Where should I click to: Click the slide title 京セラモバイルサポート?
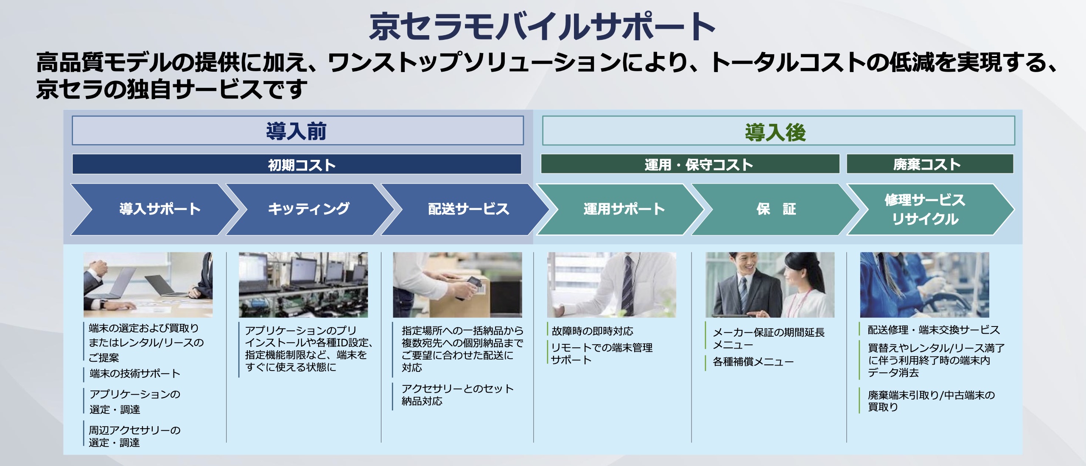click(542, 26)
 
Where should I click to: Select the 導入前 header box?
click(297, 131)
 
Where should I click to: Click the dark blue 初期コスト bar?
click(297, 164)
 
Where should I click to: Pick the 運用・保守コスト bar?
click(690, 164)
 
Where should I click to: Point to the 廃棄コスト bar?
click(929, 164)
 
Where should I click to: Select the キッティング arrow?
click(308, 209)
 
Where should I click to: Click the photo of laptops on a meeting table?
click(148, 285)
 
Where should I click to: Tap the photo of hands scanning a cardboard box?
click(457, 285)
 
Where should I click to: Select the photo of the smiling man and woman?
click(770, 285)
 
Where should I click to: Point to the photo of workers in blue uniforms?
click(924, 285)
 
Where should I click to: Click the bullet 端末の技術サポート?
click(134, 374)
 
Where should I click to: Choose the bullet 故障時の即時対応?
click(592, 331)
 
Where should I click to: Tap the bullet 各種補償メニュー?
click(753, 362)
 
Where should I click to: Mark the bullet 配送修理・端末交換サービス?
click(933, 330)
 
